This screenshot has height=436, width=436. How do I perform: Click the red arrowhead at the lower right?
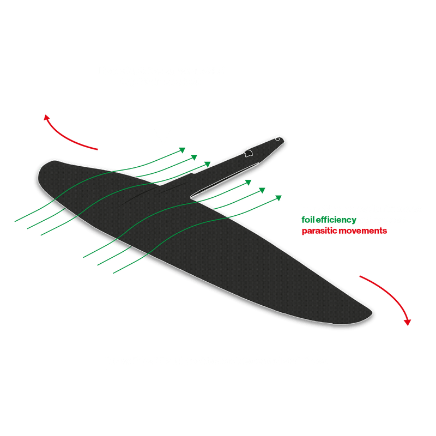406,322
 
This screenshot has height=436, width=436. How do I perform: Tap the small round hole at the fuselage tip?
277,139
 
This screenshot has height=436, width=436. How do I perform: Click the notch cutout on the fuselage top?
249,153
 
